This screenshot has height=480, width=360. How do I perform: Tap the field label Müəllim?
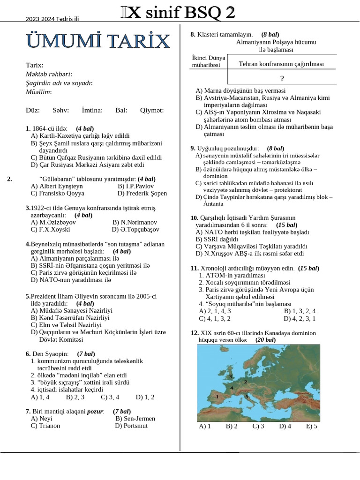38,92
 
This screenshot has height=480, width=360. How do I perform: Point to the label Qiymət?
152,110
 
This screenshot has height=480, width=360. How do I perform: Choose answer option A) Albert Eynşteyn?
57,186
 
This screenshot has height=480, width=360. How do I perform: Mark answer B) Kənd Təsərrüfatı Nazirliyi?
70,317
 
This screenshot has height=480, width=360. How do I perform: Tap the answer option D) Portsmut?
131,426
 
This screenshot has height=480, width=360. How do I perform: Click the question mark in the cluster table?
282,78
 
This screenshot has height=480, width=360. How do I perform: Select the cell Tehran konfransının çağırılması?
281,64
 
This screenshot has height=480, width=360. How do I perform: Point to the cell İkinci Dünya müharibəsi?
209,61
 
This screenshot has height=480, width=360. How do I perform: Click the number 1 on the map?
217,396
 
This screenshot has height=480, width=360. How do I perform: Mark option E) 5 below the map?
312,426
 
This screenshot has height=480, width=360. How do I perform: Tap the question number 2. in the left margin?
10,179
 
